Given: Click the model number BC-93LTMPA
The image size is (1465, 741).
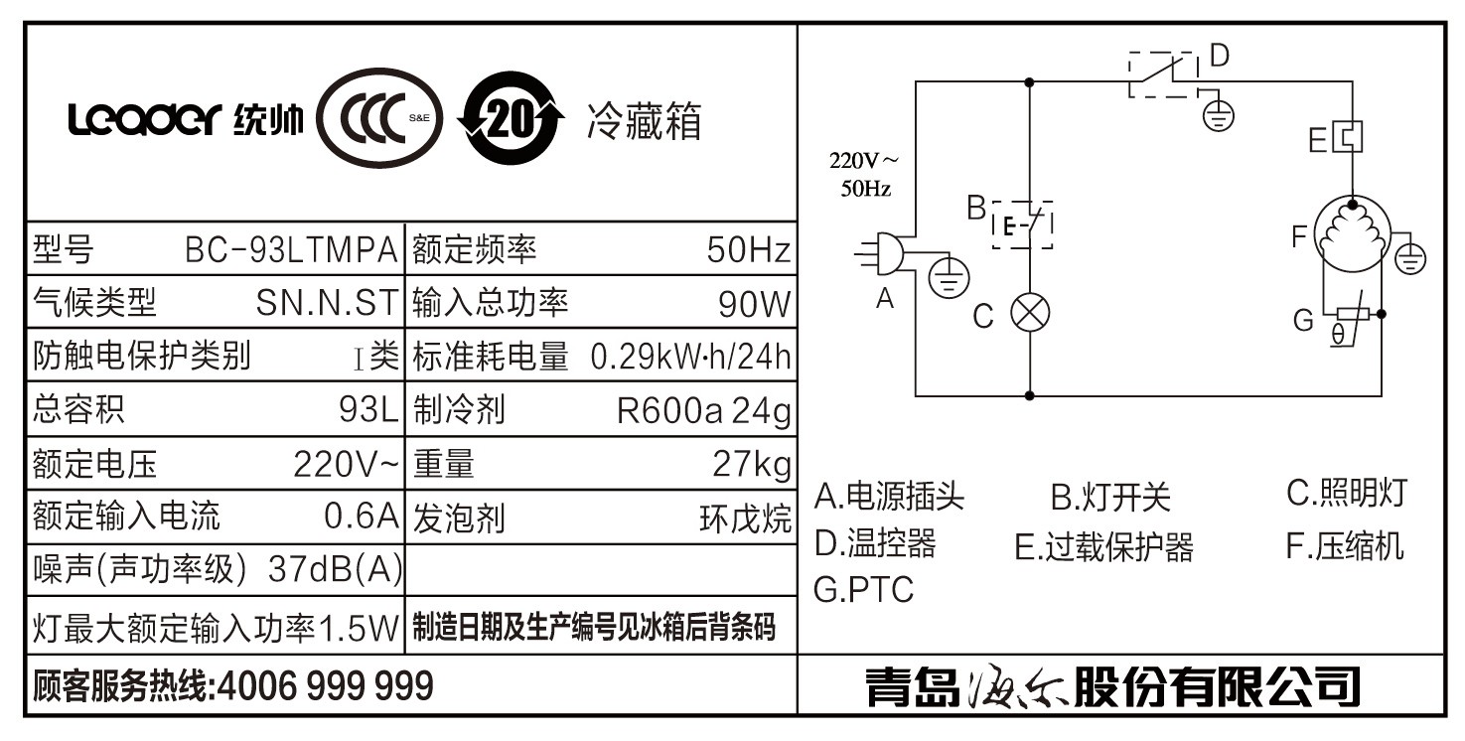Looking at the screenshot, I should click(x=291, y=249).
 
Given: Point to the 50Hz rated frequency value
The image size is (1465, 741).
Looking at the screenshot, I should click(x=749, y=249).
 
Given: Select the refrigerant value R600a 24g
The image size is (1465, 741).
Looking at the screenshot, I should click(x=703, y=409).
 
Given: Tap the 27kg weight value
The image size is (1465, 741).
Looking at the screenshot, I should click(x=752, y=463).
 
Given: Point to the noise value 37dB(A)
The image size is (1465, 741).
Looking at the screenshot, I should click(x=336, y=568).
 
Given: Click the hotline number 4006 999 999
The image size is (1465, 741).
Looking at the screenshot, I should click(x=325, y=685).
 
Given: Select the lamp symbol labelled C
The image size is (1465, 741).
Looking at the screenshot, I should click(x=1029, y=314).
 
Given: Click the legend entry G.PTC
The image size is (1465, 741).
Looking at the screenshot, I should click(x=862, y=589).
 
